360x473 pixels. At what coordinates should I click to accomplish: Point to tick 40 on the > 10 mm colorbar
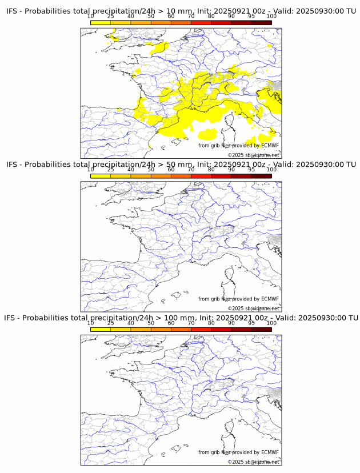pyautogui.click(x=131, y=17)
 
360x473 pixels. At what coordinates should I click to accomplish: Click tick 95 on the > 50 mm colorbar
pyautogui.click(x=251, y=170)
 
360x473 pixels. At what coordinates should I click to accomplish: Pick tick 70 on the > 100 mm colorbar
pyautogui.click(x=191, y=323)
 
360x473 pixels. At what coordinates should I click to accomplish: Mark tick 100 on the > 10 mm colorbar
pyautogui.click(x=271, y=17)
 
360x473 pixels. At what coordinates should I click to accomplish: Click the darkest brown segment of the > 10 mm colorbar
pyautogui.click(x=261, y=22)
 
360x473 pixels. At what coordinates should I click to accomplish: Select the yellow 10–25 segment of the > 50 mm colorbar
pyautogui.click(x=101, y=176)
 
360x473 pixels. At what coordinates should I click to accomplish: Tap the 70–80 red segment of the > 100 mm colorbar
pyautogui.click(x=201, y=330)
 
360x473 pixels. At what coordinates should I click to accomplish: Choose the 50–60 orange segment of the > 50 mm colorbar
pyautogui.click(x=161, y=176)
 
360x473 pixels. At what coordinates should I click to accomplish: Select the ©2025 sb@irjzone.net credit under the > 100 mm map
pyautogui.click(x=254, y=462)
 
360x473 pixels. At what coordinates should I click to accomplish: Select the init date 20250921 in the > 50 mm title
pyautogui.click(x=233, y=165)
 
